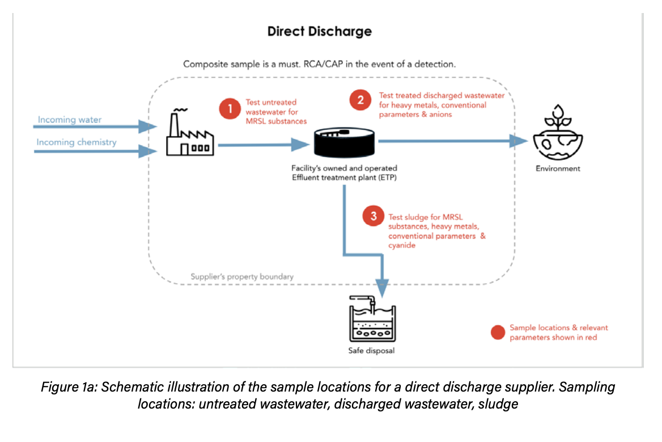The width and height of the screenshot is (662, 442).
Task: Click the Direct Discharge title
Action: tap(320, 31)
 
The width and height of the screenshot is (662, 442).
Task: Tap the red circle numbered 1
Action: tap(231, 108)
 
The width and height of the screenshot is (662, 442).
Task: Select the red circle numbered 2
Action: tap(360, 100)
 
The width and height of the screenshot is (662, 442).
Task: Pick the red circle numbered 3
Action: tap(373, 216)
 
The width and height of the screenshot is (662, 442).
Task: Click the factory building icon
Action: tap(189, 134)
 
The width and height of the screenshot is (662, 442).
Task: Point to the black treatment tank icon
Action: tap(345, 143)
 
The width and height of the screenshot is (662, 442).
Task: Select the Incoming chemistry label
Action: tap(77, 142)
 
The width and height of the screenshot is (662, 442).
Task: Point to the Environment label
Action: tap(558, 168)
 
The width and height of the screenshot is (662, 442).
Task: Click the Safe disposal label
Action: tap(371, 351)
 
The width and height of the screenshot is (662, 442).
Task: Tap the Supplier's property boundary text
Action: tap(242, 277)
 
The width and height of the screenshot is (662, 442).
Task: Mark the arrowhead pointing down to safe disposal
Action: tap(382, 288)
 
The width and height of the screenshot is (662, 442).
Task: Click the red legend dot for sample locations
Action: tap(498, 333)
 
